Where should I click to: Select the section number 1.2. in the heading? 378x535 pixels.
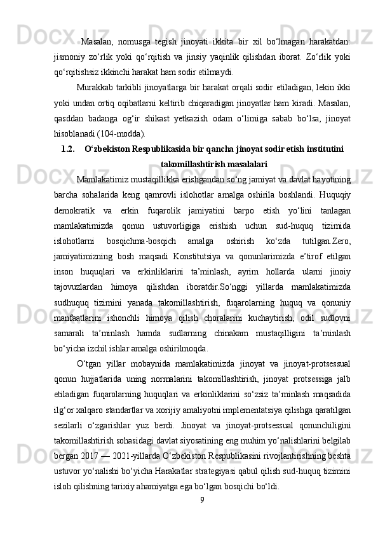pos(69,149)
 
